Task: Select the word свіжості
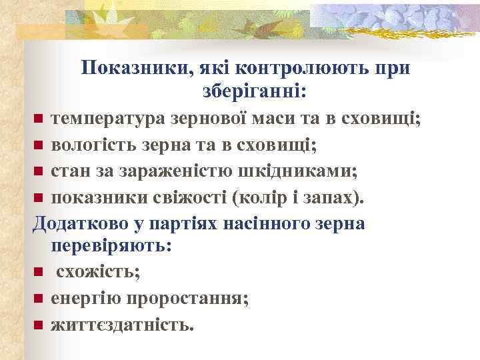point(191,197)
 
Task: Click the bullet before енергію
point(39,299)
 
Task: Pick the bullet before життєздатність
point(39,325)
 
